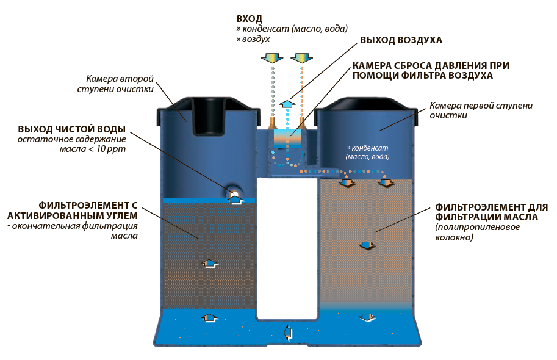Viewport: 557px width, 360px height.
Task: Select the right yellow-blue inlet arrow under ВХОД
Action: [302, 58]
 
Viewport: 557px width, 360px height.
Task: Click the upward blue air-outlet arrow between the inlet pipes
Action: [286, 104]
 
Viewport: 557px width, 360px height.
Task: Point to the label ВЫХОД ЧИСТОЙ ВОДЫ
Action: [71, 129]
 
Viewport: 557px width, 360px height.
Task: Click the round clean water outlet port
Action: [234, 194]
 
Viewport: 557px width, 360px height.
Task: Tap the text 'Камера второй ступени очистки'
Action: [120, 85]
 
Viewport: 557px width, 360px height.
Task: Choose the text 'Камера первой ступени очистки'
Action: [481, 110]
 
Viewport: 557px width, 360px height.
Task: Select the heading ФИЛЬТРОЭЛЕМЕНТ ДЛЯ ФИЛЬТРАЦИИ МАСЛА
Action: [491, 212]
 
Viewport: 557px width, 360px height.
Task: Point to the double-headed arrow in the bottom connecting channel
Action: [287, 333]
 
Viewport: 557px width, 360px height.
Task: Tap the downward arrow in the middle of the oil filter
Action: [366, 245]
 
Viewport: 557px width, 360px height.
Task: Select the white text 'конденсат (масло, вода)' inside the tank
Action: [367, 153]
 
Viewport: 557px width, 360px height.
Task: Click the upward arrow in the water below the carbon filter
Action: [209, 318]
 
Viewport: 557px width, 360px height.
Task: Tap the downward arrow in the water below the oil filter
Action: [366, 318]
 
